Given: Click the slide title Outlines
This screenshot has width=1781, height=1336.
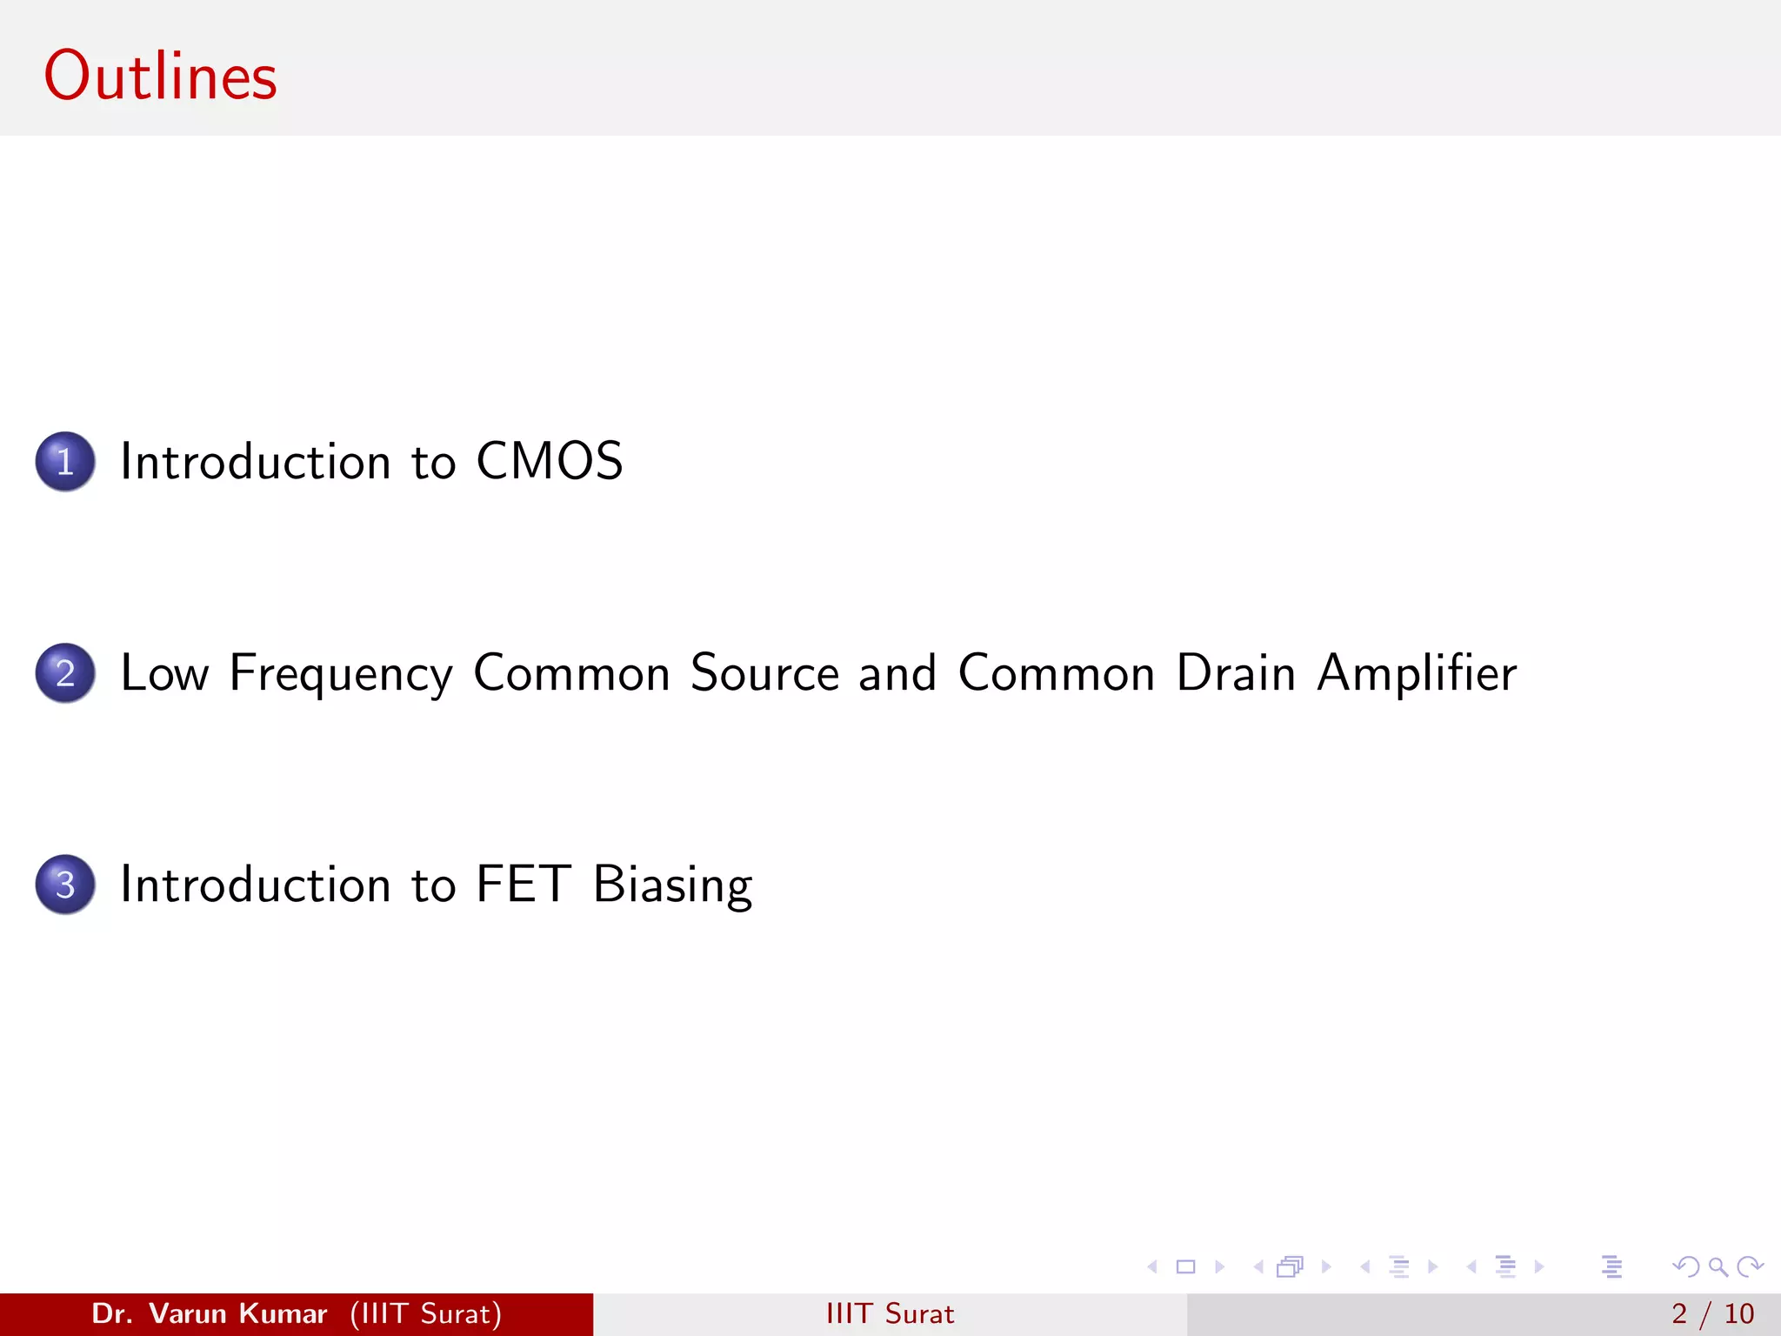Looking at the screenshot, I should tap(160, 77).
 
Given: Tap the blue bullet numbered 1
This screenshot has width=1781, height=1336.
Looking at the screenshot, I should tap(65, 461).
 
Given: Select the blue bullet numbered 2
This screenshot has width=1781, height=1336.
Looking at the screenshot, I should tap(65, 672).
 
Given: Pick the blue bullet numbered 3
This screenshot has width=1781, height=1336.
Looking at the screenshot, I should tap(65, 884).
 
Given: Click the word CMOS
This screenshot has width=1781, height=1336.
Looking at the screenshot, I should tap(549, 461).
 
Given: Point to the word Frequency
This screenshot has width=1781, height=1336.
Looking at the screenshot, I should tap(341, 674).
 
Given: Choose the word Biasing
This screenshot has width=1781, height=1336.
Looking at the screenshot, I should tap(672, 885).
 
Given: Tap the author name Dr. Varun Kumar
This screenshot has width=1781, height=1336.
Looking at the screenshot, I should tap(209, 1313).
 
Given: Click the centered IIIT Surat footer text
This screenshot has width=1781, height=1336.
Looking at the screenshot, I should tap(890, 1313).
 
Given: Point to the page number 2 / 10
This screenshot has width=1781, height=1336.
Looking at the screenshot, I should tap(1711, 1313).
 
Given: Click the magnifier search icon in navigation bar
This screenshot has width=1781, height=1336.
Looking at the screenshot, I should tap(1718, 1266).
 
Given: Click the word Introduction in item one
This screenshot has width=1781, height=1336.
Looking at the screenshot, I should tap(255, 461).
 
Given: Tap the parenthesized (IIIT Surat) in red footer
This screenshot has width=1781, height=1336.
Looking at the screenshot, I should tap(426, 1313).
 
